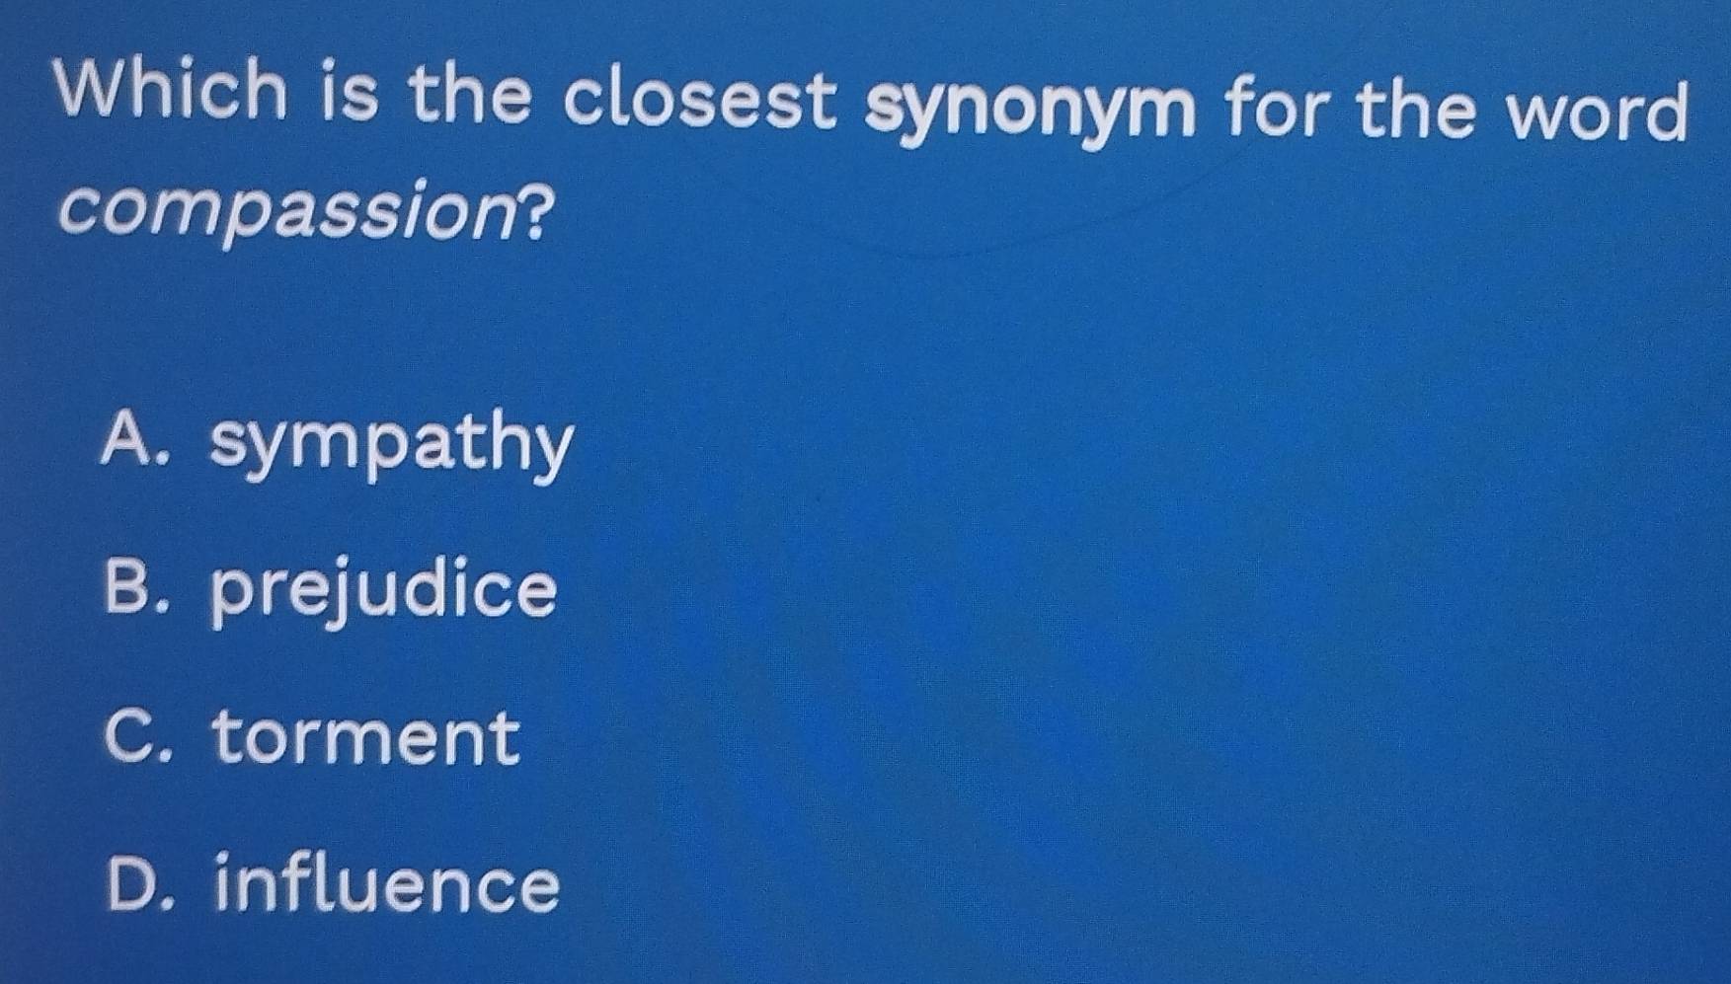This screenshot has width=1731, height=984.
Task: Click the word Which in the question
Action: pyautogui.click(x=171, y=91)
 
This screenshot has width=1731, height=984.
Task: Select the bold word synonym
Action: pyautogui.click(x=1030, y=110)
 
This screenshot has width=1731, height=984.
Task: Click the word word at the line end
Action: pyautogui.click(x=1600, y=112)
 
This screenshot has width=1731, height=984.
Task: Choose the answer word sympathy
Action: pyautogui.click(x=391, y=444)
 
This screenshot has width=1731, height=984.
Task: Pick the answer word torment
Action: pyautogui.click(x=366, y=736)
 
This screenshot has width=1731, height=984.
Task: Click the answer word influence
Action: pyautogui.click(x=387, y=884)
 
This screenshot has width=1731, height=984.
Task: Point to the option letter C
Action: pyautogui.click(x=129, y=734)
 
